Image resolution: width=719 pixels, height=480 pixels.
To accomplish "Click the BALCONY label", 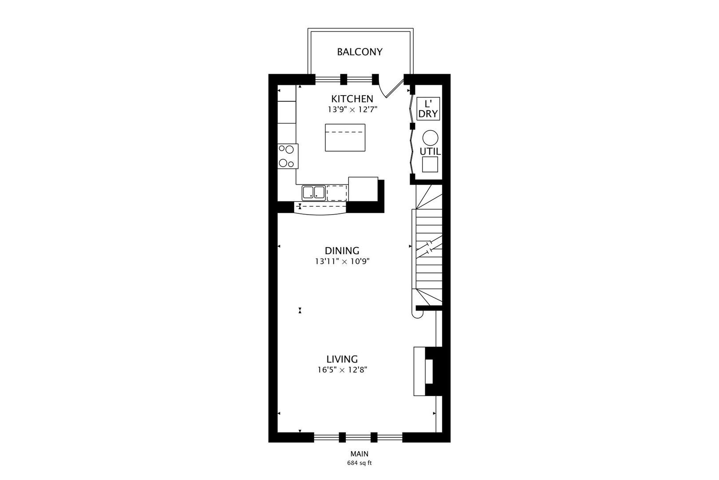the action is click(x=359, y=52).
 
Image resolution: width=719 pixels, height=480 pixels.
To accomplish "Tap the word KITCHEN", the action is click(x=352, y=99).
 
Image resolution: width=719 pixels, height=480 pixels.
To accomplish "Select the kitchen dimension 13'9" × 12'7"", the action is click(x=352, y=110).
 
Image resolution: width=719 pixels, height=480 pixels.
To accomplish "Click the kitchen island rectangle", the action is click(x=345, y=138).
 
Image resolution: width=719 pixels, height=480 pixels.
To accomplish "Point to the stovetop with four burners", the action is click(x=288, y=156).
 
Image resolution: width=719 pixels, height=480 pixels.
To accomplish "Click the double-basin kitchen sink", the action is click(x=314, y=192).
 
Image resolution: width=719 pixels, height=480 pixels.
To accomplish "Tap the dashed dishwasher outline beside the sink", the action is click(x=337, y=193).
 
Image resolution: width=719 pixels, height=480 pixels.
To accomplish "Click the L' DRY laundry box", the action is click(x=428, y=109).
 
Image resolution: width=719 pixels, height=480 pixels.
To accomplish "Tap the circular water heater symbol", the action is click(x=430, y=138).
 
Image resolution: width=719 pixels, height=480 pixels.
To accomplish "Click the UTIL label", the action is click(x=430, y=152).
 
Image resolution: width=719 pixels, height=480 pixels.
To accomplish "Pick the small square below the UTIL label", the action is click(x=430, y=164).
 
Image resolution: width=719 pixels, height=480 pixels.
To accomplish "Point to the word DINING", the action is click(x=342, y=251).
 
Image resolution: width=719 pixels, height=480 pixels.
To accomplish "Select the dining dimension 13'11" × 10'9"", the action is click(x=342, y=262).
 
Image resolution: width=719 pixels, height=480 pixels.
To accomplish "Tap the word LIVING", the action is click(x=342, y=359).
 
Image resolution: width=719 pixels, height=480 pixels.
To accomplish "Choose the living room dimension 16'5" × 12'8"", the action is click(x=342, y=370).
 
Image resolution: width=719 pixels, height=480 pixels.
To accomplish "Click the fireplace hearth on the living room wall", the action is click(x=419, y=371).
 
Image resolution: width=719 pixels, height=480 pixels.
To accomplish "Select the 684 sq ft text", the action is click(x=359, y=463).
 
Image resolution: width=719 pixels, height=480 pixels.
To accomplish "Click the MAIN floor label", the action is click(x=359, y=454).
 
